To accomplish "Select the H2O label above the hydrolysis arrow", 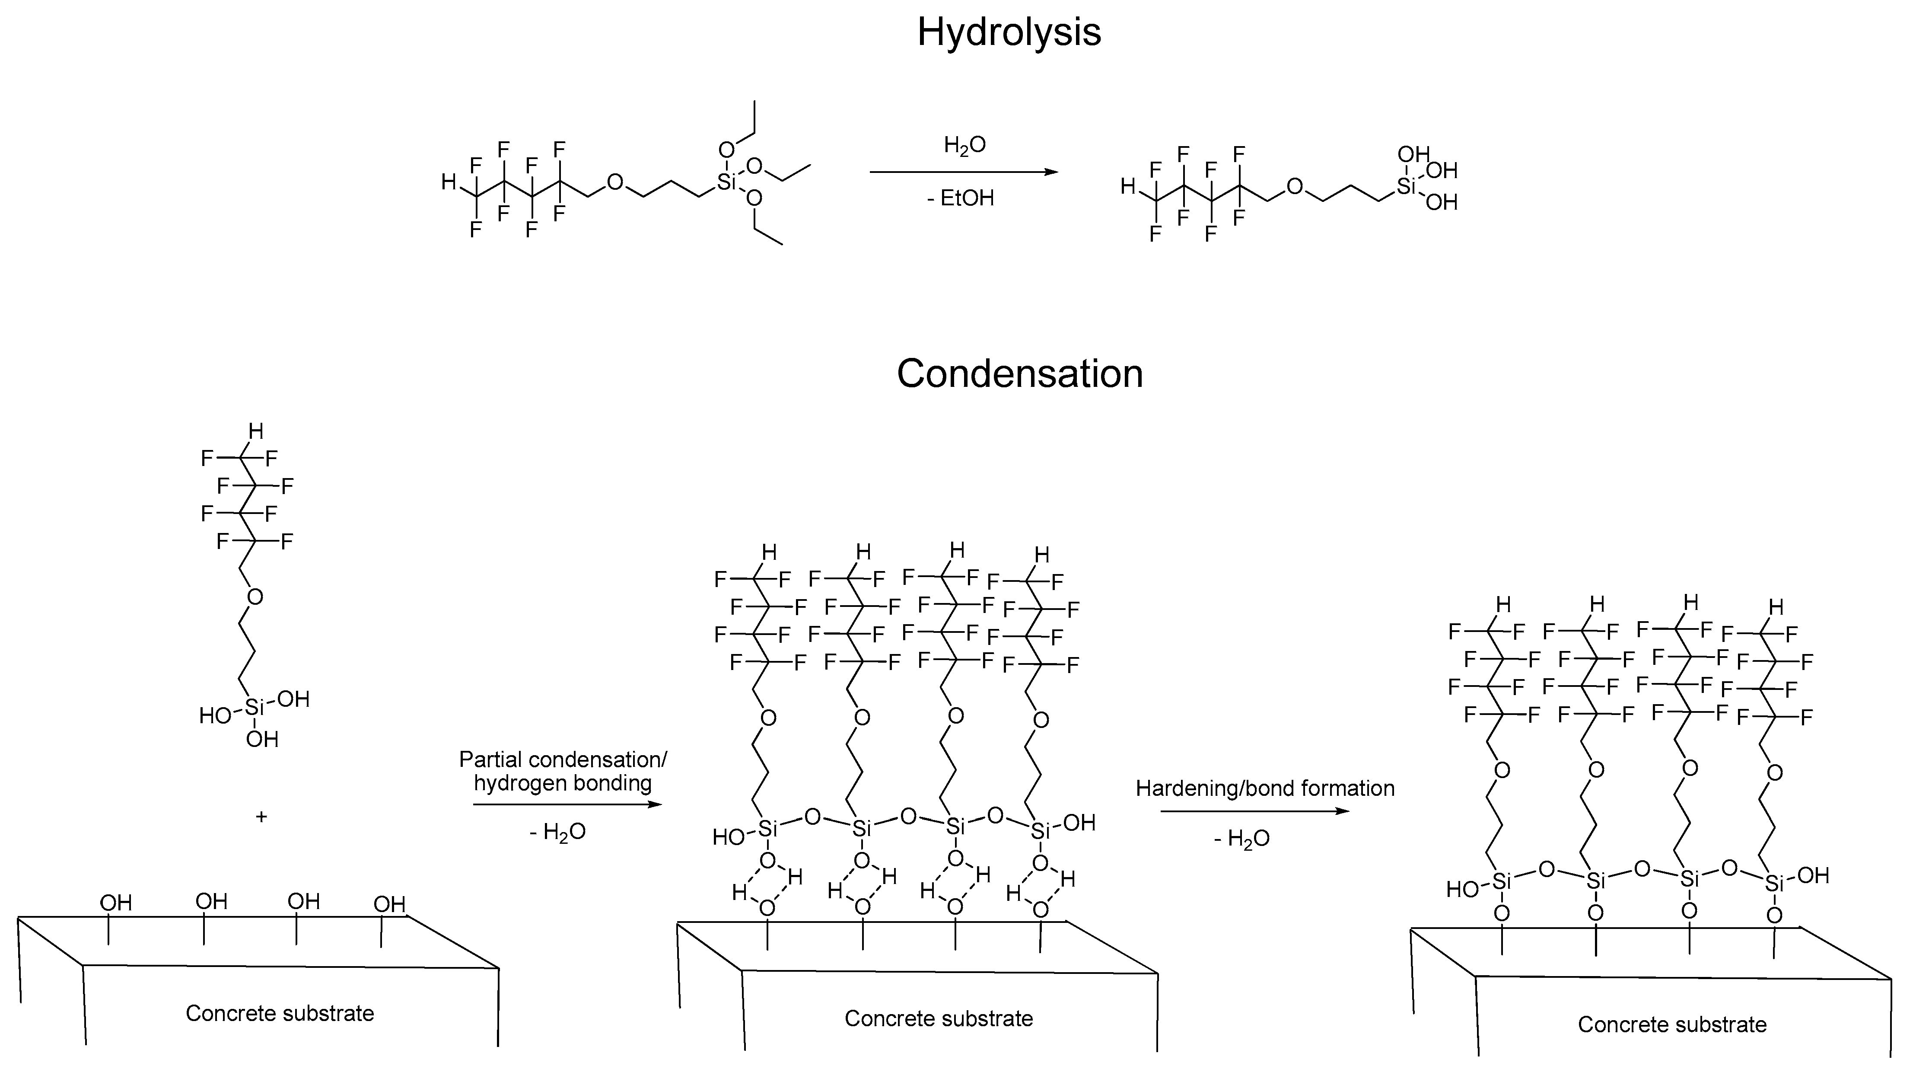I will pos(964,146).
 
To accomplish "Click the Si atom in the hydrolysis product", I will pos(1405,186).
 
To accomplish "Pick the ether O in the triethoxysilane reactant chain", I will pos(615,182).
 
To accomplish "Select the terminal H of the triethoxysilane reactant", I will pos(449,182).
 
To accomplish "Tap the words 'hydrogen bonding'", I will pos(562,783).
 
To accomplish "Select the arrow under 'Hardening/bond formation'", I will pos(1254,811).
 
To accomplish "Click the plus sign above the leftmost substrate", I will pos(261,817).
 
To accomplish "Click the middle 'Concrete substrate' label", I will pos(938,1018).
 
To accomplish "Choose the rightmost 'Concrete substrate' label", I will pos(1671,1024).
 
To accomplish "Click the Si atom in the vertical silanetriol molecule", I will pos(254,708).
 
